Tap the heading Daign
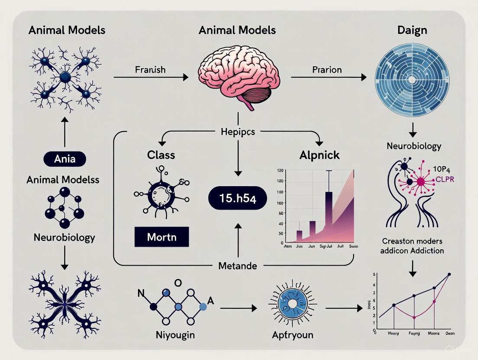(x=412, y=30)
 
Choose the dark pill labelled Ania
(x=65, y=159)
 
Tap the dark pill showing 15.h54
(x=238, y=199)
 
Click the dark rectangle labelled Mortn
(x=161, y=237)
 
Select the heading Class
(x=161, y=155)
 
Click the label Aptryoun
(x=292, y=334)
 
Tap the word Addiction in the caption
(x=427, y=251)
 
